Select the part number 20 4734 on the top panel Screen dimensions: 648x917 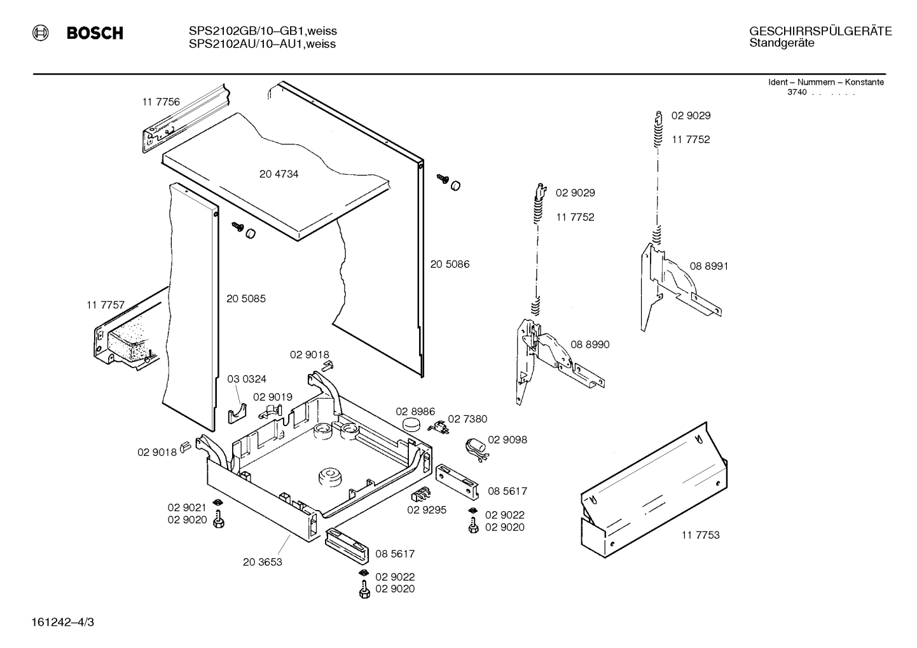(279, 174)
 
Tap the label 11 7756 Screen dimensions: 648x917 (160, 102)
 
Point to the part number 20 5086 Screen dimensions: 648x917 (450, 265)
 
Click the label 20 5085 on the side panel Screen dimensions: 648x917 (246, 299)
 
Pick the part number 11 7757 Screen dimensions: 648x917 (106, 306)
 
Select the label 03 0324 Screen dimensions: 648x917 (247, 380)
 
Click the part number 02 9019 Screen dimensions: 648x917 (273, 397)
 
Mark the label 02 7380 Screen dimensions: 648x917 (467, 419)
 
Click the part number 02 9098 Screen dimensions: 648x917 (507, 440)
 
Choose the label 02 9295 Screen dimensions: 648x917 (427, 510)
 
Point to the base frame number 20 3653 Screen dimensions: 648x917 (262, 562)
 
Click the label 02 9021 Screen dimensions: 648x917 (187, 507)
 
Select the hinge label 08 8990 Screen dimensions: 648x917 (589, 345)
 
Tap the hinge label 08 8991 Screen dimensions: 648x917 (708, 266)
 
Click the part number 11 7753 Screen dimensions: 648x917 (700, 535)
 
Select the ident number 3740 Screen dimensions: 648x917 (797, 92)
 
